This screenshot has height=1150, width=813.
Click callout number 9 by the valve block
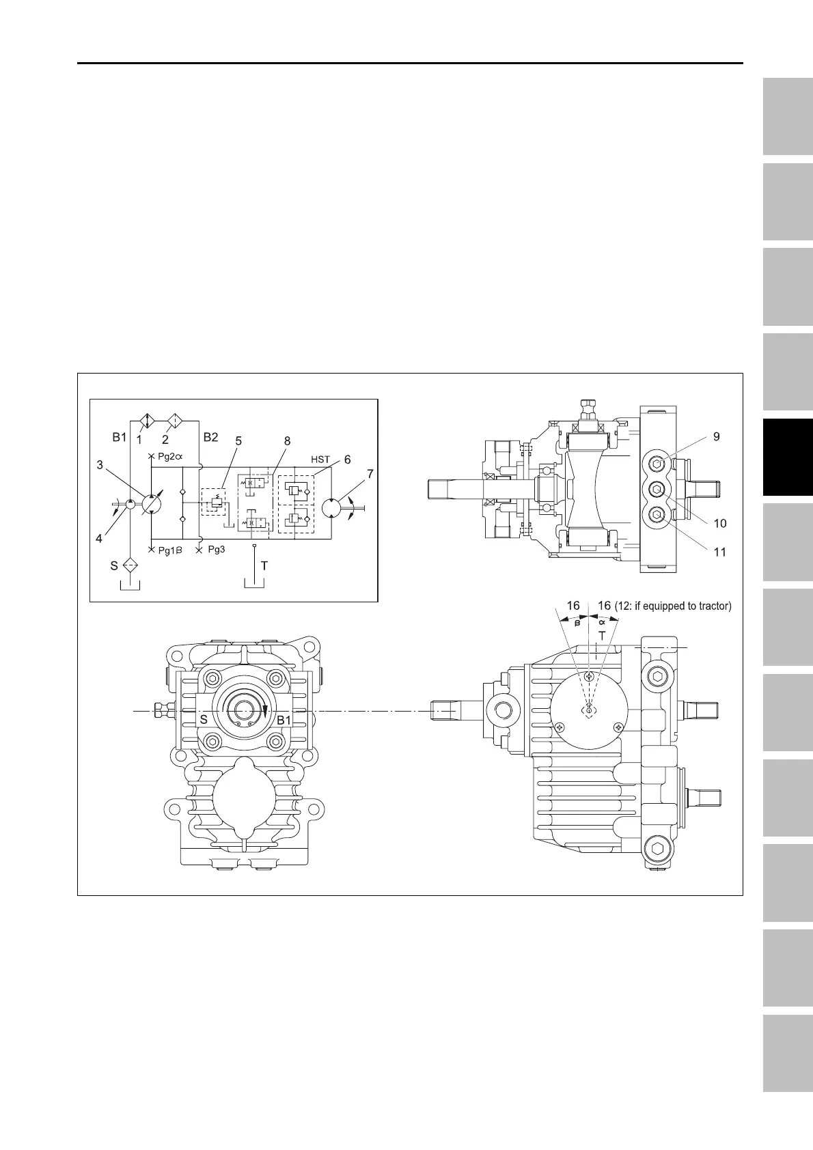[x=717, y=437]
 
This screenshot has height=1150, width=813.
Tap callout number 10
[x=720, y=523]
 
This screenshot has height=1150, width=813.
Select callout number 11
[x=720, y=552]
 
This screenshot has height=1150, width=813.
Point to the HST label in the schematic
[x=320, y=460]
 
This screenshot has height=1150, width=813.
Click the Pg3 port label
[x=216, y=549]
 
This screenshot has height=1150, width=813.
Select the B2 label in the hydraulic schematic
[x=210, y=437]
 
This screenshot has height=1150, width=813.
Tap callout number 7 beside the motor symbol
[x=370, y=474]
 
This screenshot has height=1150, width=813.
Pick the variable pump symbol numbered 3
[x=152, y=504]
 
